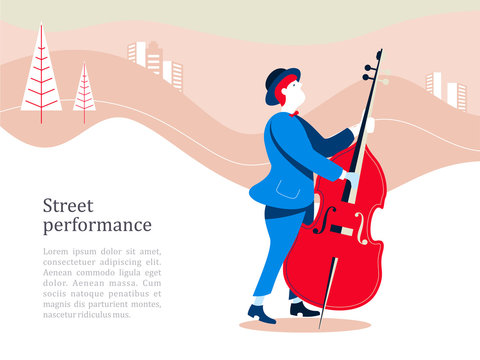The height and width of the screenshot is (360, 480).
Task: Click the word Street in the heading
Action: click(68, 205)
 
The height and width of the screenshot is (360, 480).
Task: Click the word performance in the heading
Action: click(97, 226)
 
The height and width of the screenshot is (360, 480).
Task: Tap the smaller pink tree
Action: click(84, 90)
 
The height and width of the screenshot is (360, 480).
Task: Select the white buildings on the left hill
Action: click(155, 63)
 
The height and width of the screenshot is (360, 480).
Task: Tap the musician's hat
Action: click(281, 82)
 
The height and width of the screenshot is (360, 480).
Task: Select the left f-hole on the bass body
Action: click(320, 220)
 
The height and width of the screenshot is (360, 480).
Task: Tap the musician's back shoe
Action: click(304, 309)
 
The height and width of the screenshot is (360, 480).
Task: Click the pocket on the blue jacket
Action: click(291, 187)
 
